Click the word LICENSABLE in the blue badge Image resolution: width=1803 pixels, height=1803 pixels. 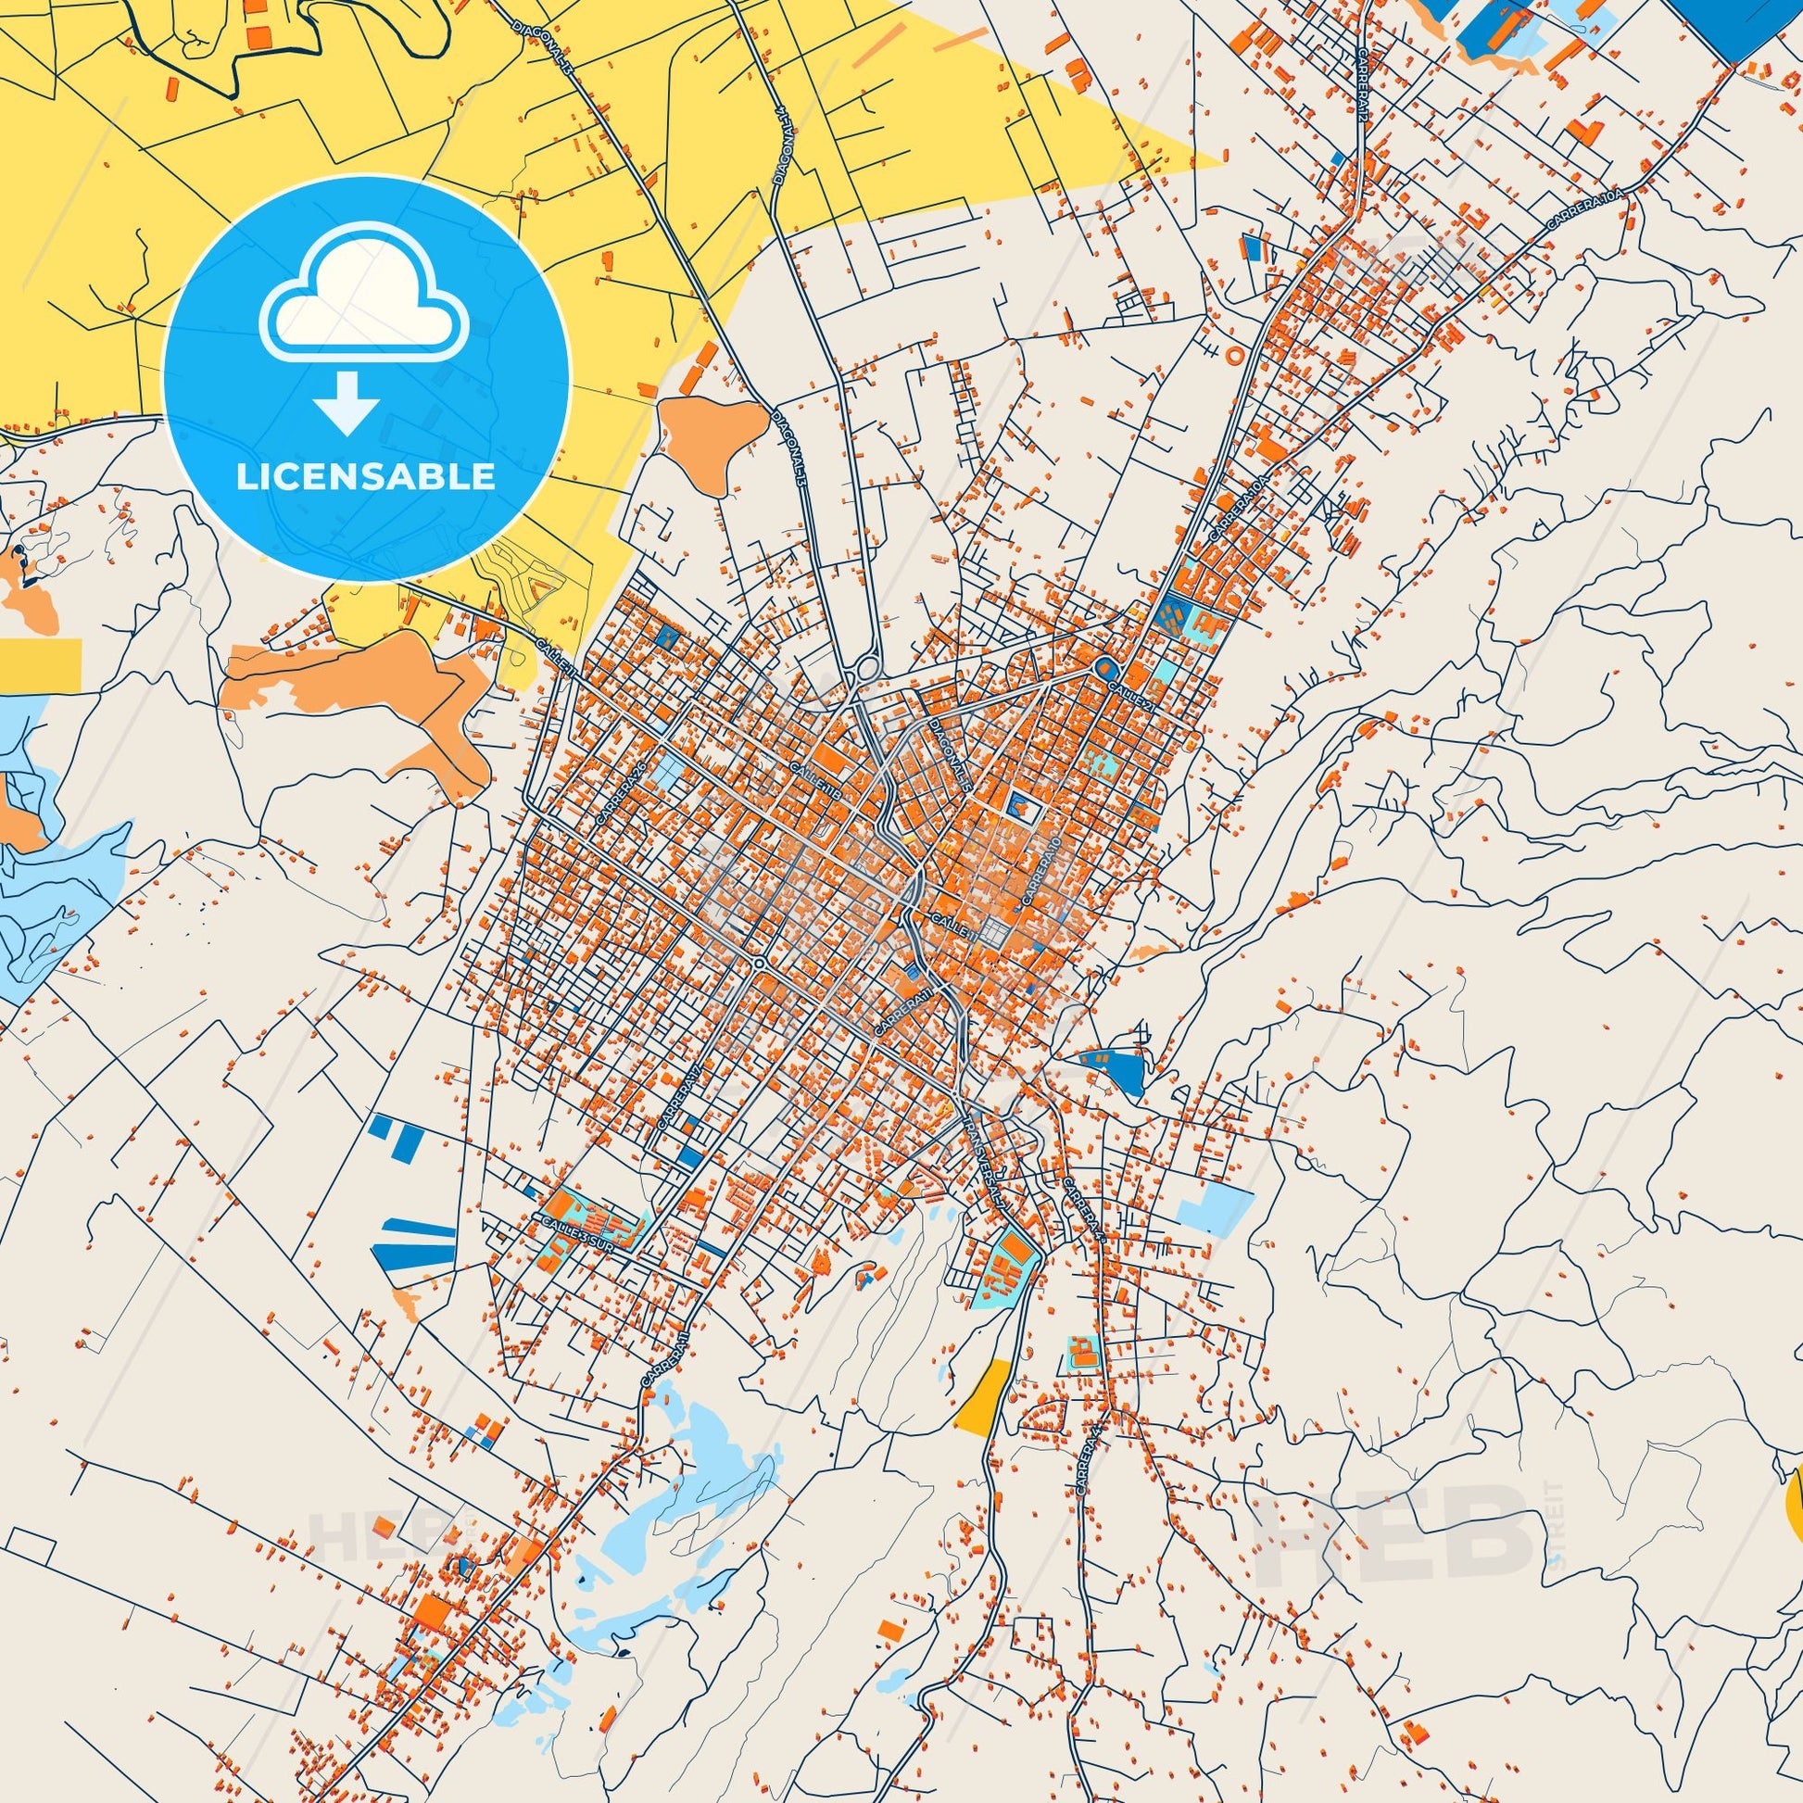tap(365, 477)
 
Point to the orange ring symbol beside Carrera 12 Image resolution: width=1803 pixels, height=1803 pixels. tap(1234, 355)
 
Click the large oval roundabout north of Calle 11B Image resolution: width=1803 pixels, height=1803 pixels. tap(867, 669)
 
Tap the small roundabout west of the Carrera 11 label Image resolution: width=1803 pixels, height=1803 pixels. tap(760, 962)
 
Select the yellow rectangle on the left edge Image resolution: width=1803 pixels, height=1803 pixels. tap(40, 662)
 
